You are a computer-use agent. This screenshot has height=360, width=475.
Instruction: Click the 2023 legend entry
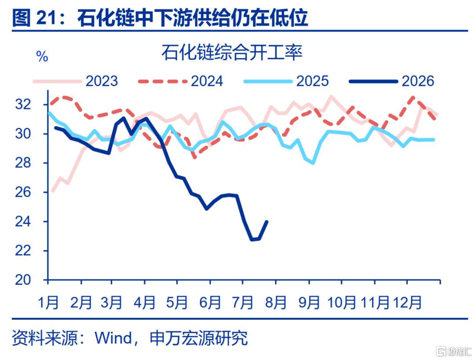coord(75,81)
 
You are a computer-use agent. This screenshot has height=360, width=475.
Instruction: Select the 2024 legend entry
coord(180,81)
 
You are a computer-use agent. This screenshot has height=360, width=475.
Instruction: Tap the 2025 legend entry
coord(286,81)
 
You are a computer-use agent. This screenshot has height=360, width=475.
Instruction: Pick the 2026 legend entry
coord(392,81)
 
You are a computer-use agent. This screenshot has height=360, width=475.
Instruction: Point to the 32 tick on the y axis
coord(23,105)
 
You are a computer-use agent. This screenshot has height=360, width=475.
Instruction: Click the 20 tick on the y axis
coord(23,280)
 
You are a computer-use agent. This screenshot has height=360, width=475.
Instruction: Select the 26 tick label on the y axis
coord(23,192)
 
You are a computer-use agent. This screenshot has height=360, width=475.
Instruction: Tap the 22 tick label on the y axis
coord(23,251)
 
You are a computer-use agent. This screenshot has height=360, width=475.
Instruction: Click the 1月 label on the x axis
coord(48,302)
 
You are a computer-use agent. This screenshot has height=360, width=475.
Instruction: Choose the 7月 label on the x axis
coord(242,302)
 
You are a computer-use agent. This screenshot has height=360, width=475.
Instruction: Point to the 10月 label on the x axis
coord(341,302)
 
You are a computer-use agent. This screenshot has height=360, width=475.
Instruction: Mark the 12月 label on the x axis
coord(407,302)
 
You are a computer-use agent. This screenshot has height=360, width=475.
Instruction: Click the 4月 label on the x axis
coord(145,302)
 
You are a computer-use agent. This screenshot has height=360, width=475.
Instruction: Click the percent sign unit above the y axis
coord(42,57)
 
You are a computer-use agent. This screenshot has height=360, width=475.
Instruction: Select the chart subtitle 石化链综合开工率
coord(232,53)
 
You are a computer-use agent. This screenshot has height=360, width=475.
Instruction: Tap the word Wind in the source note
coord(113,338)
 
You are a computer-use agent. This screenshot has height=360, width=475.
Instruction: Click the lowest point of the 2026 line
coord(252,240)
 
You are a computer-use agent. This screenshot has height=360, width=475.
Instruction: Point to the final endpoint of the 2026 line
coord(267,222)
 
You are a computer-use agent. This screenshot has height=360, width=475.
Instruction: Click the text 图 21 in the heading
coord(34,18)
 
